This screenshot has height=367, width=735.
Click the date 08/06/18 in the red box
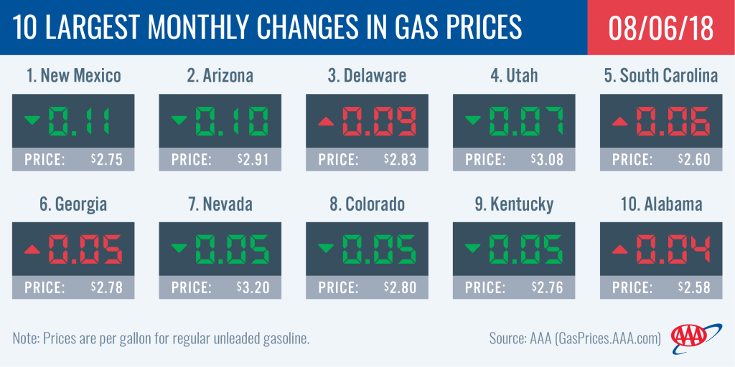(660, 27)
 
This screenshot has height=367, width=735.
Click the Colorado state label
(367, 204)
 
